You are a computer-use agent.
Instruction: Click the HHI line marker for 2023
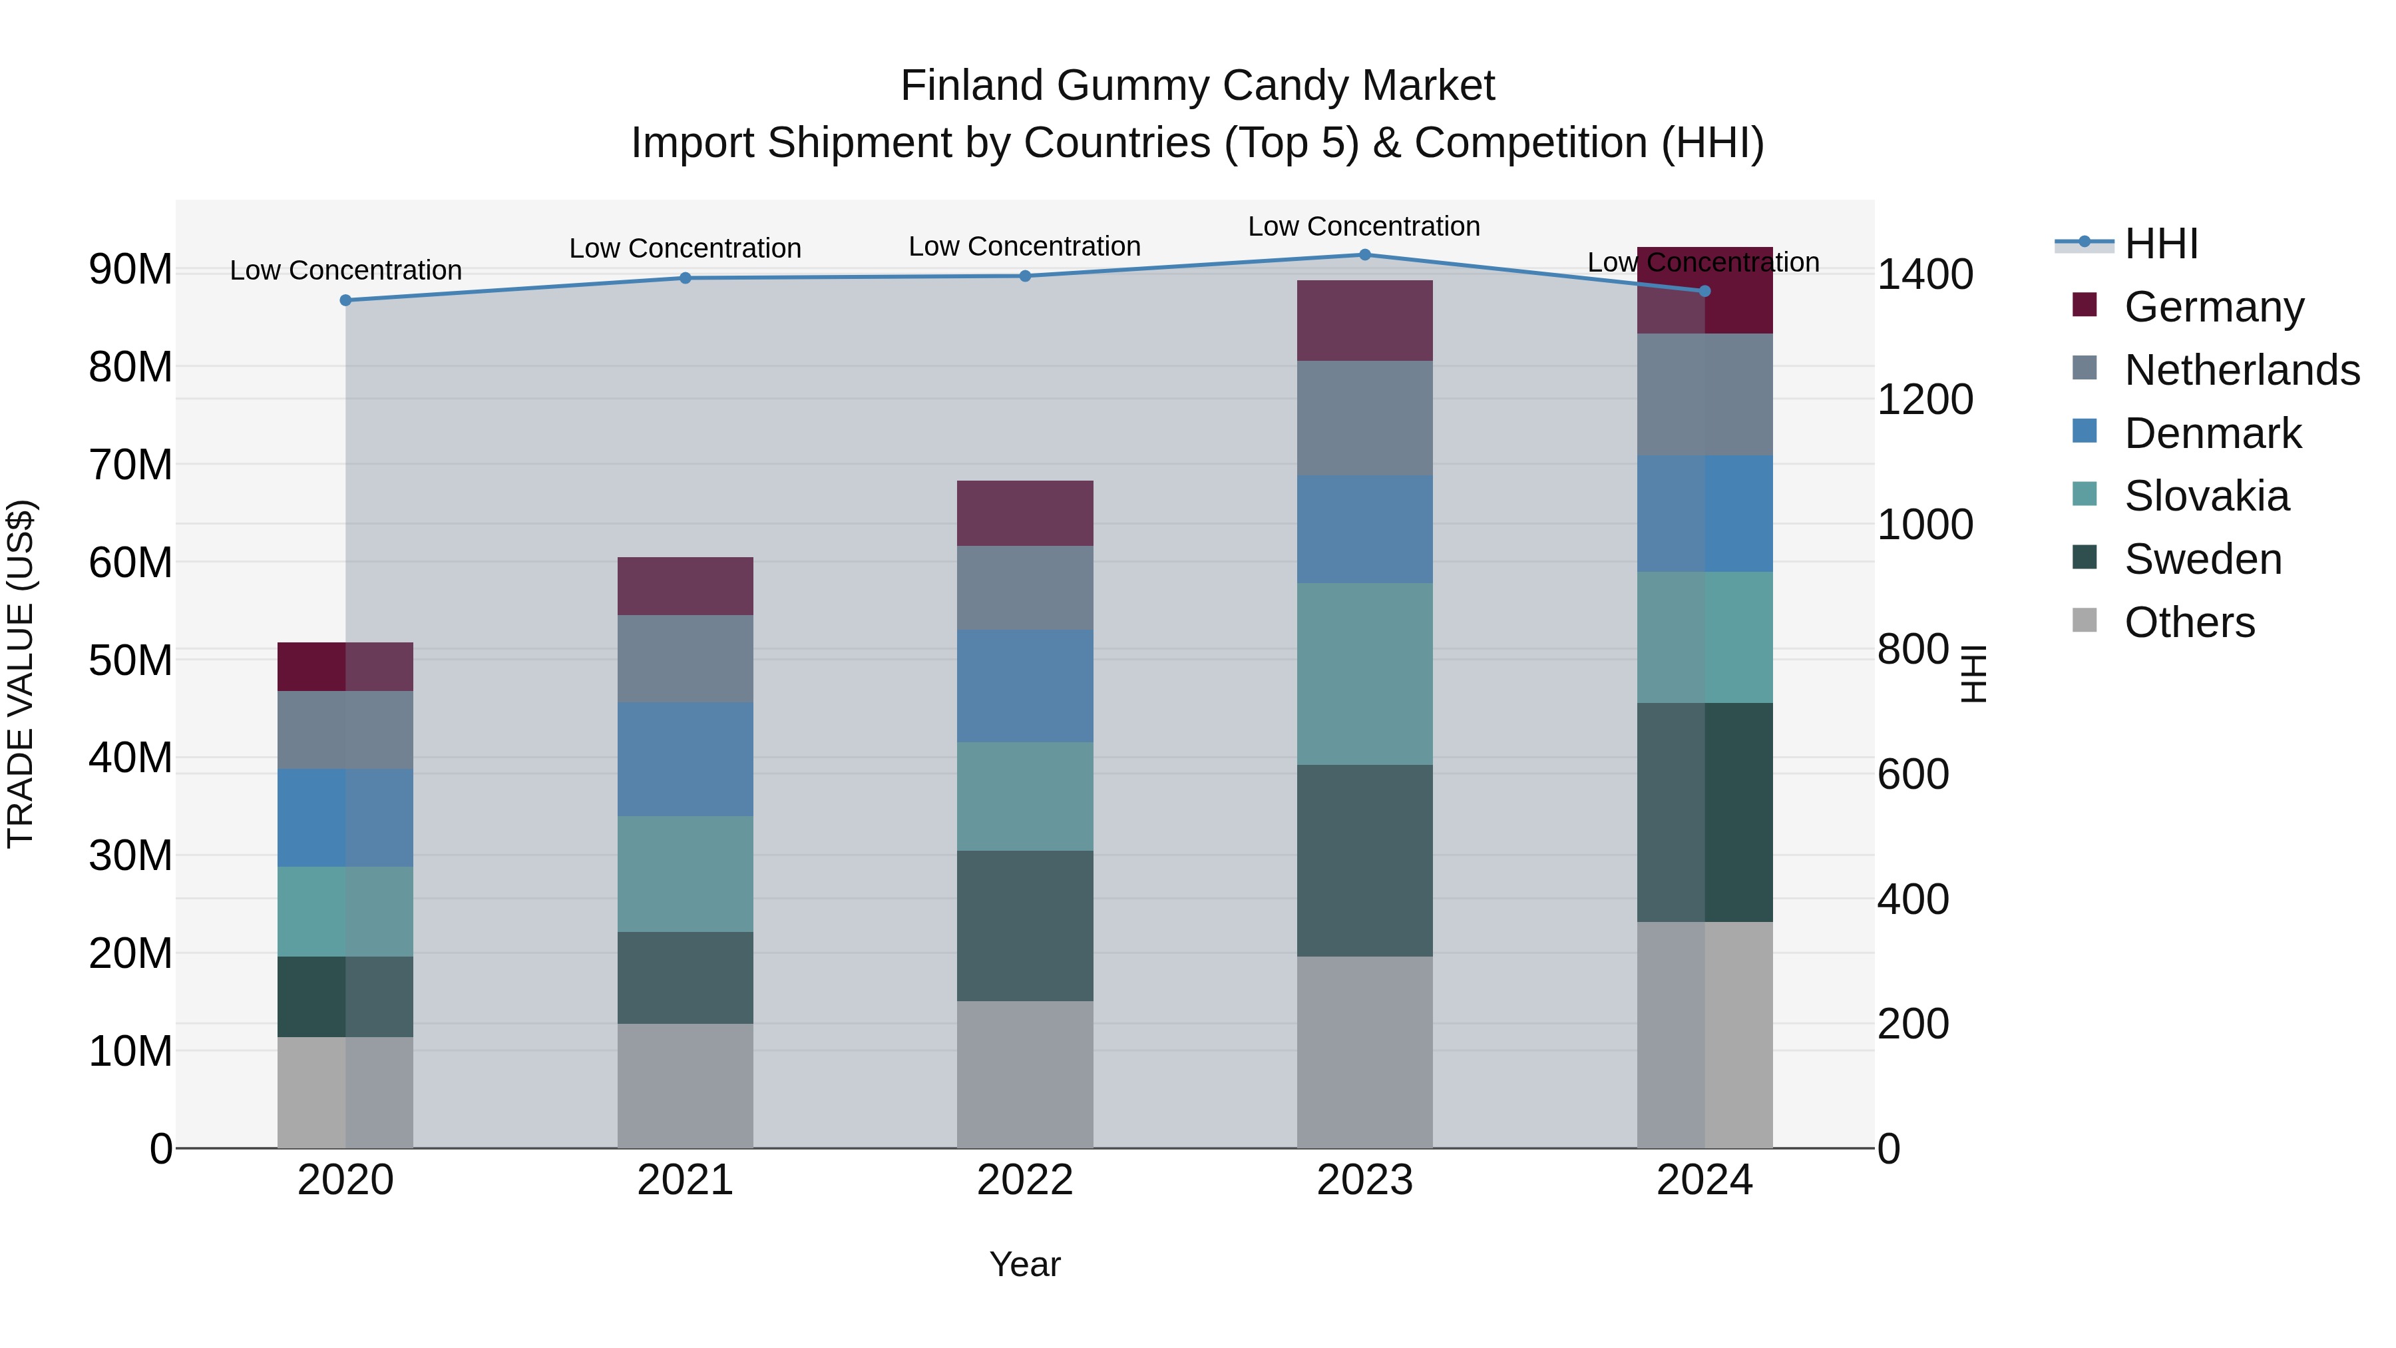point(1364,255)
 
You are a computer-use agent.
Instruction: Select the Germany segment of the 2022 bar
point(1025,513)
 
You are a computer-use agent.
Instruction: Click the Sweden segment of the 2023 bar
point(1364,861)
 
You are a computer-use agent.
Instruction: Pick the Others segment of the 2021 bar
point(686,1086)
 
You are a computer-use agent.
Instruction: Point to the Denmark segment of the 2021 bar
point(686,759)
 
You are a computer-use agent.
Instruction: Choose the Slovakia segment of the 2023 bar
point(1364,674)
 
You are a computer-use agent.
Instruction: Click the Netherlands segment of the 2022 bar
point(1025,588)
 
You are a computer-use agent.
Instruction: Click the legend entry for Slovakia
point(2206,496)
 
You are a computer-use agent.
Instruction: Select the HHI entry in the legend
point(2160,244)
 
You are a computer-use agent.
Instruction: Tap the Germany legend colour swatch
point(2085,305)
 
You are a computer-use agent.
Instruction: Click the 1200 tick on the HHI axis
point(1924,400)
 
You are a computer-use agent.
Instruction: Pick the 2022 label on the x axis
point(1025,1180)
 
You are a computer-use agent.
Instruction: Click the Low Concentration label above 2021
point(686,248)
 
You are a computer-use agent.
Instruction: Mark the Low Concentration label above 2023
point(1364,226)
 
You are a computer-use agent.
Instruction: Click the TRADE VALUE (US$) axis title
point(21,674)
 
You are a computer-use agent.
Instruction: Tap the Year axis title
point(1025,1264)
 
